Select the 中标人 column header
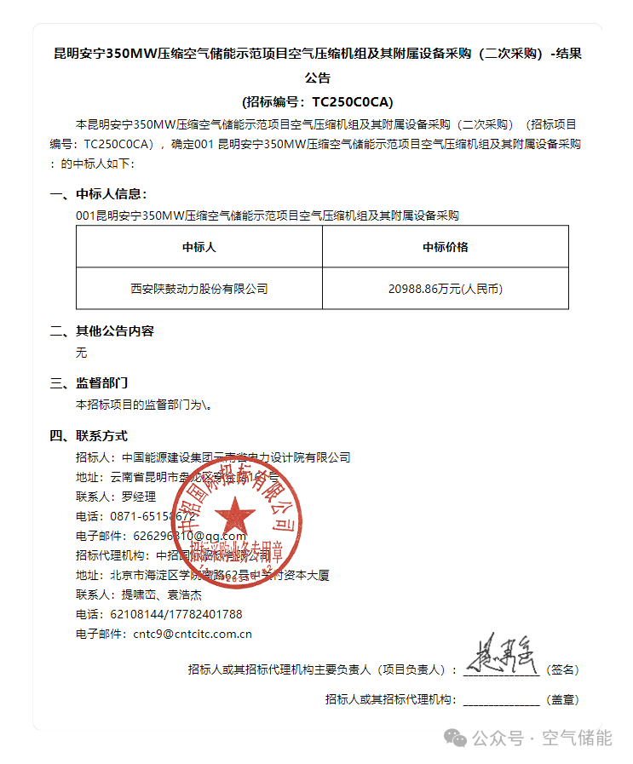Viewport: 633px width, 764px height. point(199,247)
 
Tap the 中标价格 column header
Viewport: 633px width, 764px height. point(445,247)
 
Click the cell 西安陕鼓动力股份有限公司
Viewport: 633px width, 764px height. point(199,289)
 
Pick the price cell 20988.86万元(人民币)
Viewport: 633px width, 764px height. point(445,289)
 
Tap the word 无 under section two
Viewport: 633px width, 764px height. point(81,352)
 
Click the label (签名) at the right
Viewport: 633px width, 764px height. point(562,670)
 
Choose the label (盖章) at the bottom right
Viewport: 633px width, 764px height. point(562,700)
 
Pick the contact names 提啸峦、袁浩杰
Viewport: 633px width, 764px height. point(158,595)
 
